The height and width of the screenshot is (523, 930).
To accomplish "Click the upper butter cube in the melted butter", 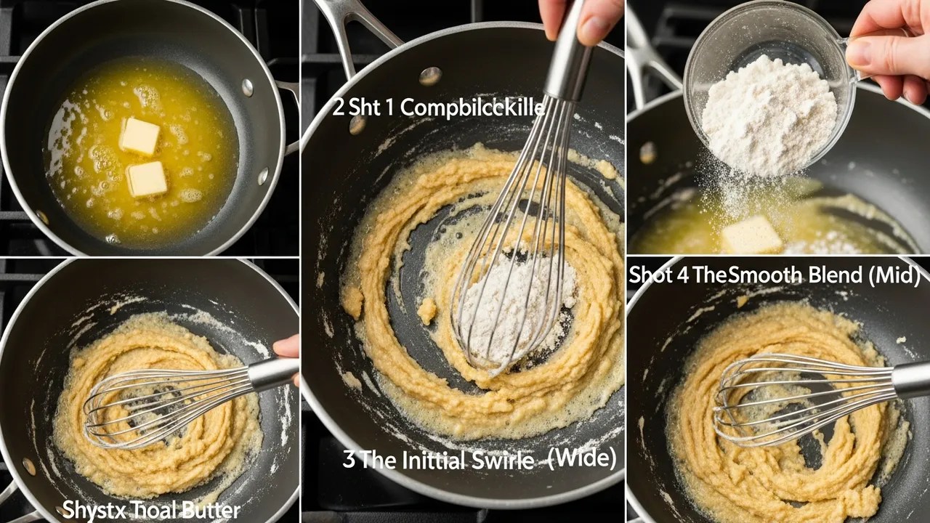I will [139, 136].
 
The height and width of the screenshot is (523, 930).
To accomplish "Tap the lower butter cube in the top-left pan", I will [147, 179].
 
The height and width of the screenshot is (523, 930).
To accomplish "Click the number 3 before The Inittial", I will [348, 461].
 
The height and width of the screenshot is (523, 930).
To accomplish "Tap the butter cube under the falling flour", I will [751, 235].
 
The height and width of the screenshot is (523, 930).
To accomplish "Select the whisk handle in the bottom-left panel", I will [272, 373].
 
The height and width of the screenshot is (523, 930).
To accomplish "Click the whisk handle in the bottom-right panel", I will [911, 378].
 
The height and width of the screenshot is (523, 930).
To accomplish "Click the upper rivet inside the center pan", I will [430, 76].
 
